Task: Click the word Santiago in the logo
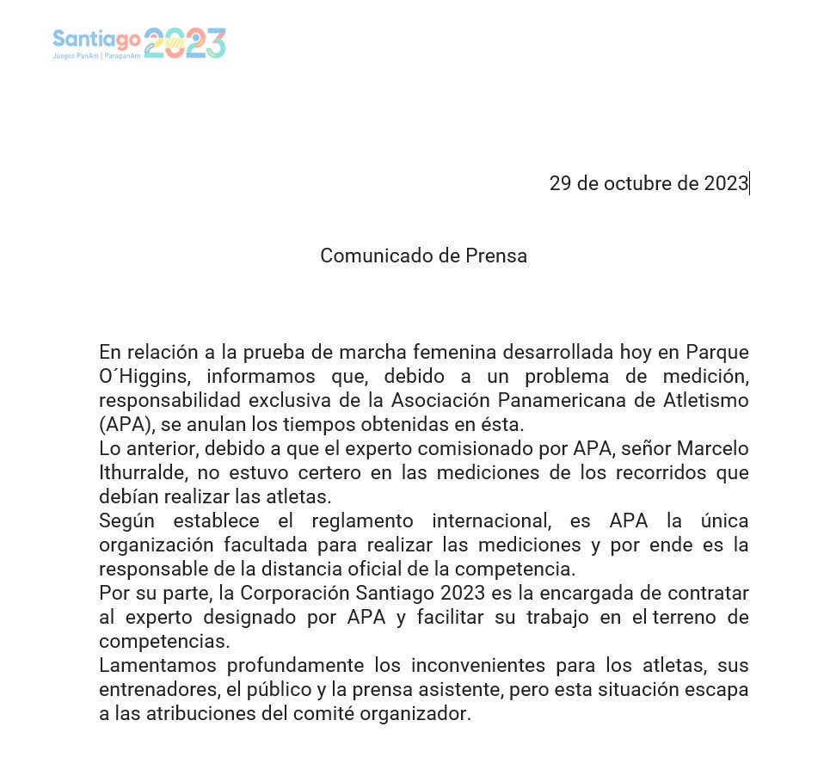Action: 96,38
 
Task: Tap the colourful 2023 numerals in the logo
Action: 184,43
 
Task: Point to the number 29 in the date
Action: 561,183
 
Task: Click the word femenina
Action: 464,353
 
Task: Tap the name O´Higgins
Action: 143,377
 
